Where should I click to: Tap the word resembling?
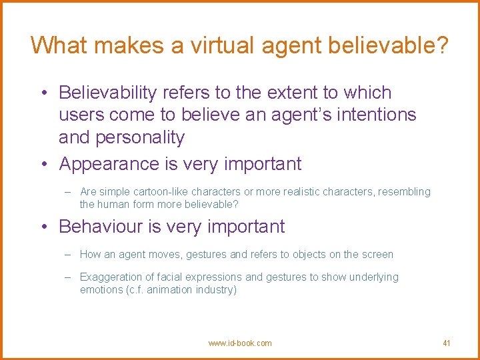[x=405, y=192]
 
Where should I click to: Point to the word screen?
[x=378, y=255]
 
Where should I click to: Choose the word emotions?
[x=101, y=290]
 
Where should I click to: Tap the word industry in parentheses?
[x=216, y=290]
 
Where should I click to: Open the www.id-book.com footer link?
[x=240, y=343]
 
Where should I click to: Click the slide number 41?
[x=447, y=343]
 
